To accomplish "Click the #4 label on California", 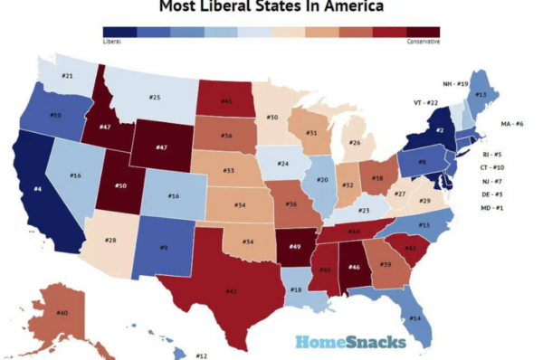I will [x=37, y=188].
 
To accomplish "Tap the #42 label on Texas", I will [x=232, y=291].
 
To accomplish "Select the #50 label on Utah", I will [x=120, y=185].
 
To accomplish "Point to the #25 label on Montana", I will [x=154, y=97].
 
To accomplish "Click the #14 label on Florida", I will [x=415, y=318].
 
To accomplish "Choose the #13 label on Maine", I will [x=481, y=94].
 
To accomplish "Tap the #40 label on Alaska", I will [x=62, y=313].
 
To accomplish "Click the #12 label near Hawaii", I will [x=202, y=355].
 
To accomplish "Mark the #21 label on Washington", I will [x=67, y=75].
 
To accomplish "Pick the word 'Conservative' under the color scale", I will [x=424, y=42].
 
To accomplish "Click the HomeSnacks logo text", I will [x=349, y=342].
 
